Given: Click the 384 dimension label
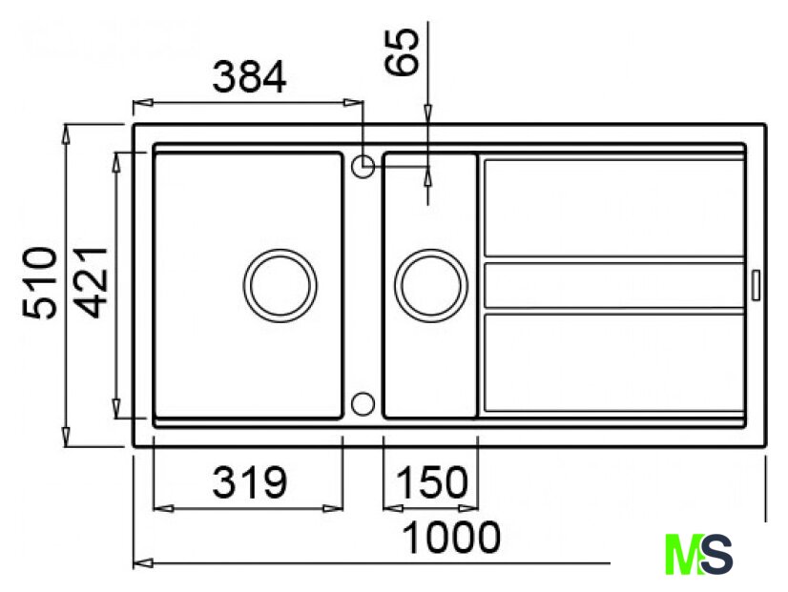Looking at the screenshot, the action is (x=249, y=77).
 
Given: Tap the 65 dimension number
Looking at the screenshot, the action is (x=402, y=51).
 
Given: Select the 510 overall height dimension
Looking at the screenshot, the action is (x=40, y=283).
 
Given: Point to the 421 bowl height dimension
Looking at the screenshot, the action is (x=92, y=283).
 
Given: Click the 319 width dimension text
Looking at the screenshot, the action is (x=249, y=482).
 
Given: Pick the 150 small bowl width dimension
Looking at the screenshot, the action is (x=432, y=482).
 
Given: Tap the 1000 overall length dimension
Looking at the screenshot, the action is (x=452, y=538).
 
